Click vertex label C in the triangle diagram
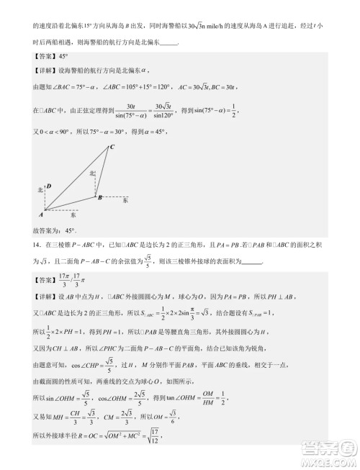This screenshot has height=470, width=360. click(112, 148)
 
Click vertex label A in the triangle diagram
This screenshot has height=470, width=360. click(42, 214)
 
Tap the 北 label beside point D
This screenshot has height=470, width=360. click(40, 189)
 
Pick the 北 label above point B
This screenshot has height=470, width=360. click(92, 173)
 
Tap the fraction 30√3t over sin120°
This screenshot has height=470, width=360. click(184, 110)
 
